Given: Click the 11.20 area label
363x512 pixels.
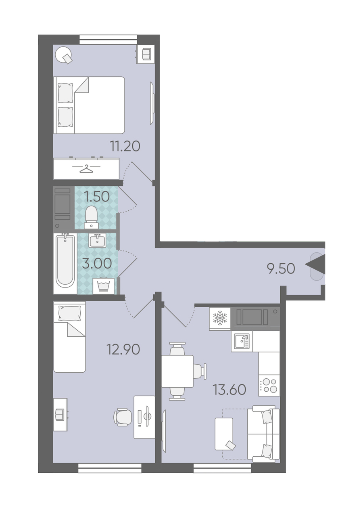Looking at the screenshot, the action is [x=125, y=146].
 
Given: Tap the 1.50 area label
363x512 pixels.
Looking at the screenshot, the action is [x=96, y=196].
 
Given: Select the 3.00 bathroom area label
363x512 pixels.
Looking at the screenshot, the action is [x=97, y=263].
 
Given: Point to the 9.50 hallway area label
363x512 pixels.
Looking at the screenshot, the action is [x=281, y=269].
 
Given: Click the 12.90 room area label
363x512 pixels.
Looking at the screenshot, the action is [x=123, y=350].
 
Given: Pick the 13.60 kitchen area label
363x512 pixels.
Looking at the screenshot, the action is [x=229, y=390].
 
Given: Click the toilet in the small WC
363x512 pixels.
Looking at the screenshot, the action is [x=91, y=217].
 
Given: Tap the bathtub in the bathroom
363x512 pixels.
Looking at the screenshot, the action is [x=65, y=263].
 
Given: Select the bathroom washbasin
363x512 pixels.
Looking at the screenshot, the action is [x=98, y=241].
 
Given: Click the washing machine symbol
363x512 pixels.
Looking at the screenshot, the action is [x=104, y=286].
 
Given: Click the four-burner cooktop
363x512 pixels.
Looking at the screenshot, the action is [x=269, y=385].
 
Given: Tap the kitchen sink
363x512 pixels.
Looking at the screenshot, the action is [x=242, y=341].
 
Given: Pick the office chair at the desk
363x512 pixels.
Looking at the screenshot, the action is [x=123, y=417].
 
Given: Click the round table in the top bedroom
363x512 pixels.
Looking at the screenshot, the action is [x=64, y=55].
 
